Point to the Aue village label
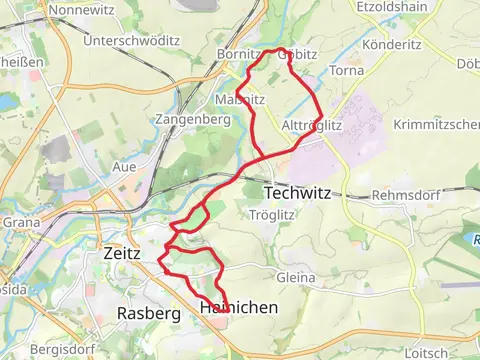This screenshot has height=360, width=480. click(x=125, y=166)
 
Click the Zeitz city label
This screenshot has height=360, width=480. click(x=122, y=254)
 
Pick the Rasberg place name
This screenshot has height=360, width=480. click(x=148, y=313)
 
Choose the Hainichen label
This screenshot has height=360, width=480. click(x=239, y=308)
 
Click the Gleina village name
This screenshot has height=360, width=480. click(x=295, y=277)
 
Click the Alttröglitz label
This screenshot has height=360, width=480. click(x=313, y=126)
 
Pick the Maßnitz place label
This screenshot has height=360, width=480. click(x=239, y=100)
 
